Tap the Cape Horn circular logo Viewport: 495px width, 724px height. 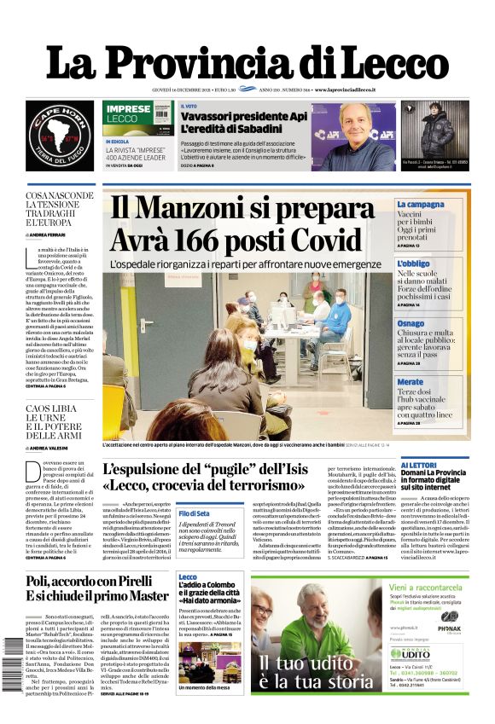[59, 135]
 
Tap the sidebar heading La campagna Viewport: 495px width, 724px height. [420, 205]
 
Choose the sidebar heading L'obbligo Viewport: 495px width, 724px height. [413, 264]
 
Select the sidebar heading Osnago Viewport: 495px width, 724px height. [411, 324]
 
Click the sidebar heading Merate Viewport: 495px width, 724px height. [410, 382]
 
